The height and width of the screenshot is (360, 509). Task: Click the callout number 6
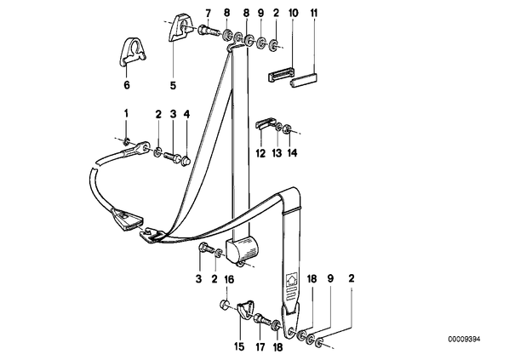(127, 85)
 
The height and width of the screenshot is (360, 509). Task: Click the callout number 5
(173, 85)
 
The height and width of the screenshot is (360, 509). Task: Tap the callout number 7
(208, 14)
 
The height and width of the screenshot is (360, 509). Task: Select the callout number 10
(293, 14)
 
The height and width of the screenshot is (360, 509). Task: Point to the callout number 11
(313, 14)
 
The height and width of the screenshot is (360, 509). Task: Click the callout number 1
(126, 113)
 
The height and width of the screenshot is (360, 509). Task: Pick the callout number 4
(186, 114)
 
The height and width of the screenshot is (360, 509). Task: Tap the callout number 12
(260, 152)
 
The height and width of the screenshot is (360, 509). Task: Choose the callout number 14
(292, 152)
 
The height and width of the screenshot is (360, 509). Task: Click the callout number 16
(229, 279)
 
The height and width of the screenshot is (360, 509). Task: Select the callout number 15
(239, 346)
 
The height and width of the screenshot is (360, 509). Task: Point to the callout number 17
(260, 346)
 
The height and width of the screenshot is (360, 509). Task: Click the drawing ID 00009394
(464, 340)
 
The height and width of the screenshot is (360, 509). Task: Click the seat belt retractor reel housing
(243, 249)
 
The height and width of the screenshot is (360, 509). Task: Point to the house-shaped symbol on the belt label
(291, 280)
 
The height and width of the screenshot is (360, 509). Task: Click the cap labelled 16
(225, 305)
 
